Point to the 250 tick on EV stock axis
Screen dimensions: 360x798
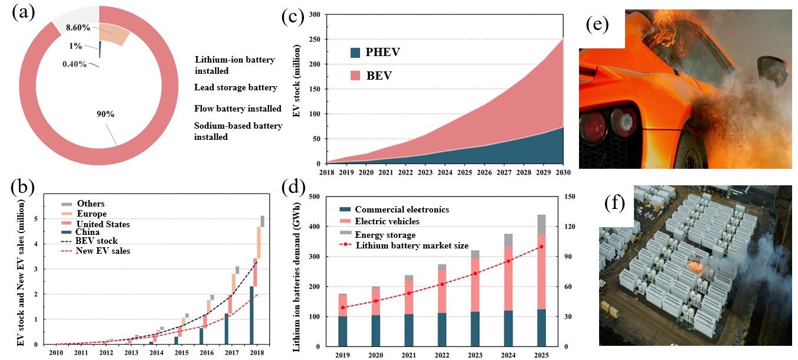click(x=313, y=39)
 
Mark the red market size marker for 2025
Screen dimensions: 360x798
click(x=541, y=247)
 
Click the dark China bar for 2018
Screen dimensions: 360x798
click(x=252, y=315)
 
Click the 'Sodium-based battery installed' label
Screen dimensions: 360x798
click(x=238, y=131)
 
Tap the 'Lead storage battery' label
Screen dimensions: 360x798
click(x=236, y=87)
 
